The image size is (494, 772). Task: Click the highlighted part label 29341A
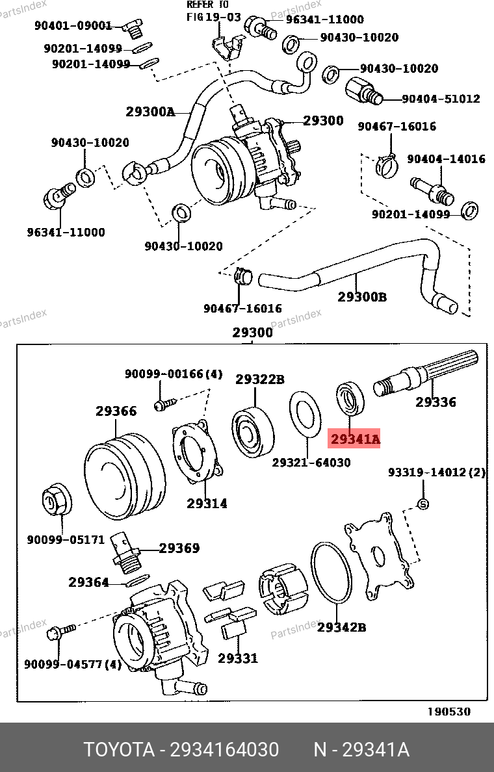click(x=355, y=439)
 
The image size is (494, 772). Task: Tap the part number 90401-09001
click(x=73, y=25)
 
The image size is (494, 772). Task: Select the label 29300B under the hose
click(x=362, y=297)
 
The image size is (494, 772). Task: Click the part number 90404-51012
click(x=441, y=99)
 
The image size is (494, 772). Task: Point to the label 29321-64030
click(x=311, y=463)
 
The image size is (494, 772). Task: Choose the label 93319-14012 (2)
click(x=437, y=472)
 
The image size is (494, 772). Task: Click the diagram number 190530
click(x=448, y=712)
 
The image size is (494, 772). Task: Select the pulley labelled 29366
click(x=125, y=476)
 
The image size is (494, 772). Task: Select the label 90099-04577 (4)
click(x=73, y=665)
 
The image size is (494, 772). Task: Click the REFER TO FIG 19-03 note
click(x=214, y=11)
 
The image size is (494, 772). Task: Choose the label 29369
click(x=179, y=548)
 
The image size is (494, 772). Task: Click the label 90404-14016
click(x=447, y=159)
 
